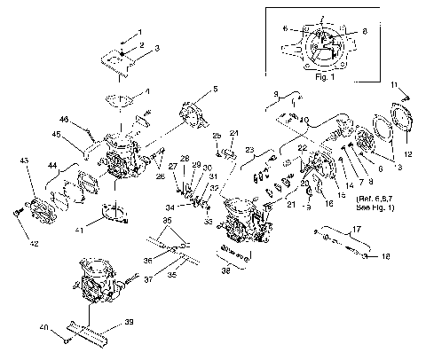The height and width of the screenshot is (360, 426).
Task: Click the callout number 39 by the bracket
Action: tap(130, 325)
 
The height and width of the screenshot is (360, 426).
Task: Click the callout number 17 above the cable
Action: tap(357, 230)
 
